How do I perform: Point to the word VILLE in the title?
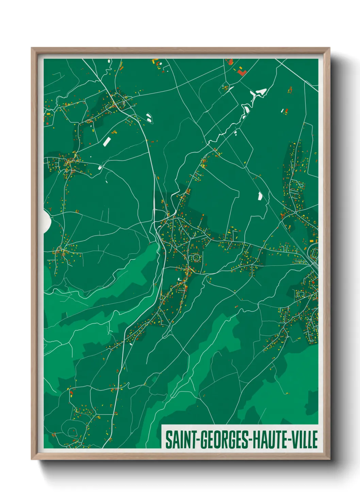click(305, 440)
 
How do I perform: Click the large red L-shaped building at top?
click(241, 72)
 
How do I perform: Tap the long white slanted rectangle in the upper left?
click(107, 141)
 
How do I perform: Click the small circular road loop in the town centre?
click(196, 258)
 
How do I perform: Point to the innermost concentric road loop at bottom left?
click(71, 432)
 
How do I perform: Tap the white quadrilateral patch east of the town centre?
click(260, 196)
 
